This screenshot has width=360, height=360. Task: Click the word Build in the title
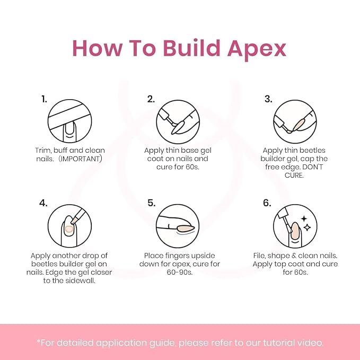point(192,48)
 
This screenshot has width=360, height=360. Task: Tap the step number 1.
point(44,99)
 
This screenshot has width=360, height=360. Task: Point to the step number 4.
point(43,203)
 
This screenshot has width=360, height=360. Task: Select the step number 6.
point(267,203)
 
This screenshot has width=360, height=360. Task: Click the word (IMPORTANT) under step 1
point(80,159)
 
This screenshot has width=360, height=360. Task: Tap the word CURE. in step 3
point(294,175)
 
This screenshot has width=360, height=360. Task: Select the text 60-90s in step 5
point(180,273)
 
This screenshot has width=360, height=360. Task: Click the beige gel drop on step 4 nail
point(69,229)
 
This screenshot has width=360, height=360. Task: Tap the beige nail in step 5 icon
point(186,228)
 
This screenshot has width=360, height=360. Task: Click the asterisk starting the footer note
point(38,341)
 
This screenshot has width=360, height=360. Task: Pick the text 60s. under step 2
point(192,167)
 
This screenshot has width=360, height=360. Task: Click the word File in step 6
point(259,256)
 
